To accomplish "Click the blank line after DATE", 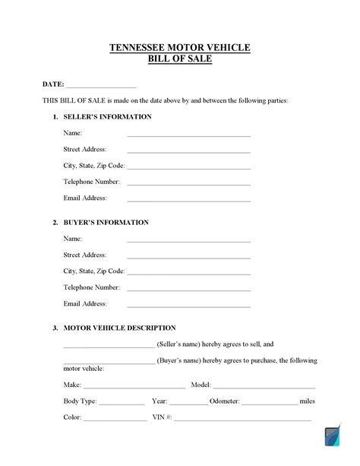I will pos(102,86).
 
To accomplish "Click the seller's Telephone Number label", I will pos(91,182).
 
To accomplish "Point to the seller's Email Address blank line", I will pos(188,200).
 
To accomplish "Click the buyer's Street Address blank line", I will pos(188,258).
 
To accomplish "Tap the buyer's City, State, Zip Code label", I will pos(93,271).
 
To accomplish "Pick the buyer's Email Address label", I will pos(85,303).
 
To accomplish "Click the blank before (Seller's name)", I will pos(109,346).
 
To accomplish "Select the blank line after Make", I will pos(135,387).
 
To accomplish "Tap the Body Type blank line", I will pos(122,403).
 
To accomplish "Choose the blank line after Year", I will pos(188,403).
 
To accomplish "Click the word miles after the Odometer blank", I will pos(308,401).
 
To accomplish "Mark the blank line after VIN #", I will pos(242,419).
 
